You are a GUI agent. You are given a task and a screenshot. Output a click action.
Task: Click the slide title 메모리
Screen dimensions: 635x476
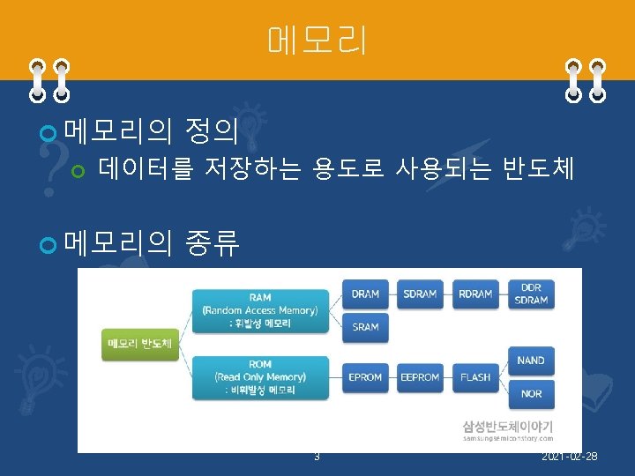coord(317,41)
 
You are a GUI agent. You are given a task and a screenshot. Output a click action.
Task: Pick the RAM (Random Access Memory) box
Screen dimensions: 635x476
coord(260,309)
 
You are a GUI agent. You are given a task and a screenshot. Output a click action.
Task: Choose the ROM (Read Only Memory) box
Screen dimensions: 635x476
coord(260,376)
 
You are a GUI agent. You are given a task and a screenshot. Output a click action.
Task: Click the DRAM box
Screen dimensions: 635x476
coord(365,294)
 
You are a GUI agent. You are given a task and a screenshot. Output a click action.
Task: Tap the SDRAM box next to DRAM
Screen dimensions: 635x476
coord(420,294)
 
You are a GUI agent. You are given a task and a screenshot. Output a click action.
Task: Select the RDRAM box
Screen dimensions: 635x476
coord(474,294)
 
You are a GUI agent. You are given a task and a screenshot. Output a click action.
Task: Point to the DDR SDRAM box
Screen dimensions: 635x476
coord(531,294)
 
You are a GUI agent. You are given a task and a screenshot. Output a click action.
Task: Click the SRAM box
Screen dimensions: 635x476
coord(365,326)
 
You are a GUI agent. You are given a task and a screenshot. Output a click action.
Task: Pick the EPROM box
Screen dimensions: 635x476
coord(365,376)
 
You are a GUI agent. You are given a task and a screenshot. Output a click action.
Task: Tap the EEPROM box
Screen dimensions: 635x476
coord(420,376)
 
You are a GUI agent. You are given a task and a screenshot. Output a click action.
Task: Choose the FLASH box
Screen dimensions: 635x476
coord(474,376)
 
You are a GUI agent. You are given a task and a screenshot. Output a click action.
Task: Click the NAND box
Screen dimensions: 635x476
coord(531,360)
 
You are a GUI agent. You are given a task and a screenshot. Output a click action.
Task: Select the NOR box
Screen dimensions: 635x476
coord(531,393)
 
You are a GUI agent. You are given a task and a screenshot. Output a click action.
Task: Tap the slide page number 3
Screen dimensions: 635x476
coord(317,456)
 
